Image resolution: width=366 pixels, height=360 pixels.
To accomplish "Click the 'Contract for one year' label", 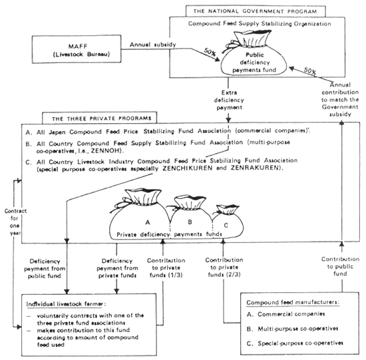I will (13, 217).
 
